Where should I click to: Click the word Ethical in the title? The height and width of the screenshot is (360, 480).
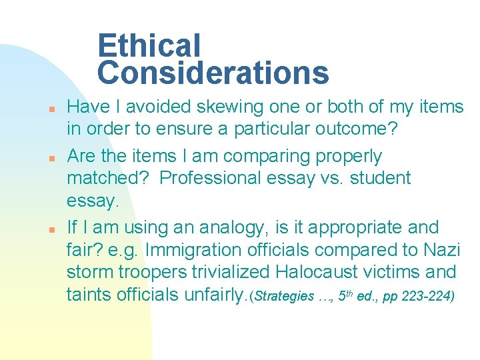tap(149, 47)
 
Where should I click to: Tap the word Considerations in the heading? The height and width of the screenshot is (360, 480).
tap(213, 73)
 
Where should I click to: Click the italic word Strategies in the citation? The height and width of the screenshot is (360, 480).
tap(284, 296)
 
